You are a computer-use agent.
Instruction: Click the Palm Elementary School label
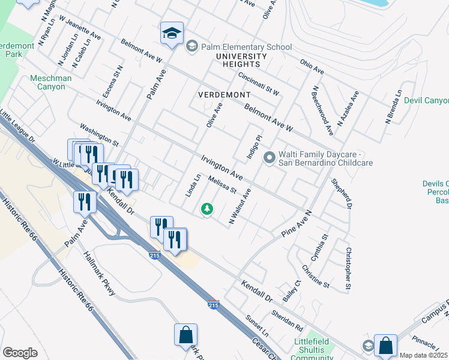click(x=247, y=47)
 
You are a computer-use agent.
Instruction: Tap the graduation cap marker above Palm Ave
click(x=172, y=34)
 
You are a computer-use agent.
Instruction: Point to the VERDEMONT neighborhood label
click(x=224, y=95)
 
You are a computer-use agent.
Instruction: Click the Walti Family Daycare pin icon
click(x=270, y=158)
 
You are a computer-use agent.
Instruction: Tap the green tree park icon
click(x=207, y=209)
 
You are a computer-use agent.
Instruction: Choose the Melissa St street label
click(x=223, y=185)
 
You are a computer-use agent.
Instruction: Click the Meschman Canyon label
click(x=51, y=83)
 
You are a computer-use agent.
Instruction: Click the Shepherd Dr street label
click(x=341, y=193)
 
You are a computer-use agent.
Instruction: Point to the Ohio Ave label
click(x=312, y=67)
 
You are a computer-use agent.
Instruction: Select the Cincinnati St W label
click(x=259, y=85)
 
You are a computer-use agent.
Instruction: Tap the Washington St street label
click(x=100, y=136)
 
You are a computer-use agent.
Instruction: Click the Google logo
click(x=20, y=353)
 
